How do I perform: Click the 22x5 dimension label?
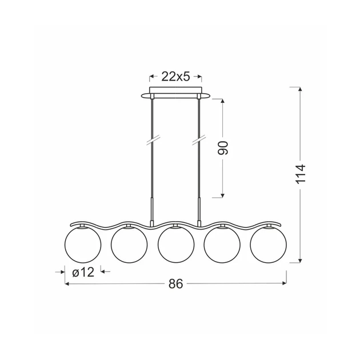[175, 77]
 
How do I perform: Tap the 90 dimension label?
[223, 148]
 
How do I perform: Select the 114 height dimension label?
[301, 174]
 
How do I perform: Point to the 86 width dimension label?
[176, 283]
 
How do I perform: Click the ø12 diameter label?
[83, 273]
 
